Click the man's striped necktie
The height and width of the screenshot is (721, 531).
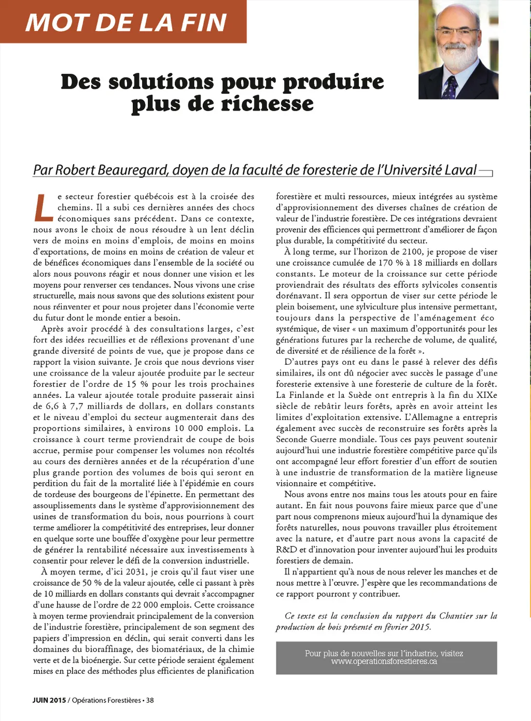pyautogui.click(x=450, y=86)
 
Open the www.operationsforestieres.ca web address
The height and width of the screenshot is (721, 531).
pyautogui.click(x=384, y=661)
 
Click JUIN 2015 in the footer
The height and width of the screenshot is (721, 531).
pyautogui.click(x=49, y=700)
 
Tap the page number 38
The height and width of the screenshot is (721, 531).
pyautogui.click(x=150, y=700)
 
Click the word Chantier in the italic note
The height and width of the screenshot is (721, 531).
pyautogui.click(x=456, y=616)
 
